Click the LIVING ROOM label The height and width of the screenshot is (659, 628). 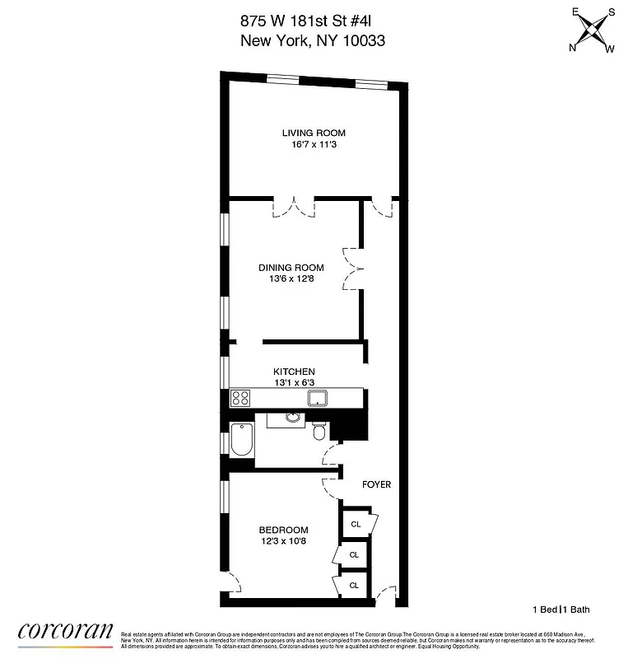[x=314, y=133]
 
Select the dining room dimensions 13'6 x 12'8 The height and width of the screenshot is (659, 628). [x=291, y=278]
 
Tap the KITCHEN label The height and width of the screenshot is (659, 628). [x=295, y=372]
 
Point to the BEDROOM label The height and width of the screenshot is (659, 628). [x=283, y=530]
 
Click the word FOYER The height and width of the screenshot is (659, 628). [x=377, y=484]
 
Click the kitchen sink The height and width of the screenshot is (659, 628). [x=318, y=399]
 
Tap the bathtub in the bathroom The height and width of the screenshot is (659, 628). [x=242, y=441]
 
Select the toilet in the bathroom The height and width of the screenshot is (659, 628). [x=320, y=430]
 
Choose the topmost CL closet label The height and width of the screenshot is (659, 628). [x=356, y=524]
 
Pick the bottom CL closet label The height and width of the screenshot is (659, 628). [x=354, y=585]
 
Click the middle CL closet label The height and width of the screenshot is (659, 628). [x=354, y=554]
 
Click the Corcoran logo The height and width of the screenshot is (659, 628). [x=65, y=633]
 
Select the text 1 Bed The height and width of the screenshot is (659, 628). [x=545, y=610]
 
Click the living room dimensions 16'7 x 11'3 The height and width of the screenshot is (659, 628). [x=314, y=145]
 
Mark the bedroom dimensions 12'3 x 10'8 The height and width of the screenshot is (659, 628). [x=283, y=541]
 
